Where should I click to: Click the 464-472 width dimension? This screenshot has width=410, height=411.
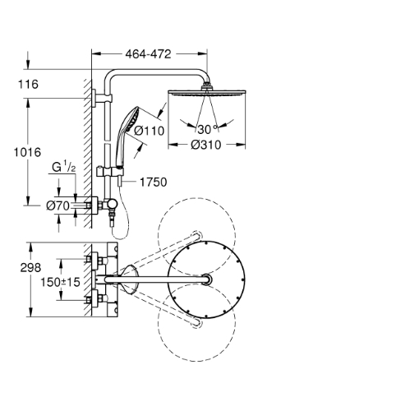[x=148, y=54]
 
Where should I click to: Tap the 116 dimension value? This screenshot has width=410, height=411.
[x=28, y=85]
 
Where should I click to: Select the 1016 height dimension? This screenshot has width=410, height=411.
[x=27, y=152]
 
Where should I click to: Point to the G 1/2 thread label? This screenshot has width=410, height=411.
[x=64, y=167]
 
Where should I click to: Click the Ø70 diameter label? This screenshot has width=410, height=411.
[x=58, y=205]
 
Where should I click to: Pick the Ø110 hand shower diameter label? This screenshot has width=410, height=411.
[x=150, y=131]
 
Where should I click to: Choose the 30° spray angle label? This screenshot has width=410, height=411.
[x=207, y=129]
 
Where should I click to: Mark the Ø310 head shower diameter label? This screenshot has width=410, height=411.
[x=206, y=145]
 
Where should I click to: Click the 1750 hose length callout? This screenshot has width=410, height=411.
[x=154, y=182]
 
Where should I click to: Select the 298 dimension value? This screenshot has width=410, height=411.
[x=30, y=268]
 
